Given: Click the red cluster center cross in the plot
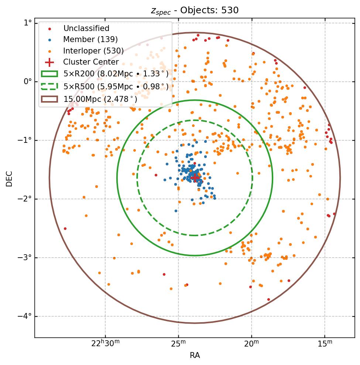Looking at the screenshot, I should click(x=195, y=178).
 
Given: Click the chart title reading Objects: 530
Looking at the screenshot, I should click(x=195, y=10).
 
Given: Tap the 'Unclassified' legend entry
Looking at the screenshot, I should click(x=86, y=28).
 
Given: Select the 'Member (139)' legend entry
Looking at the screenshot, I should click(x=90, y=39).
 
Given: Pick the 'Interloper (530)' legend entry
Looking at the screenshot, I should click(x=93, y=51).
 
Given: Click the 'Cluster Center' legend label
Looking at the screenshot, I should click(x=91, y=62).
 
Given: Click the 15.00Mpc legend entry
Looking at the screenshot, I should click(x=100, y=99).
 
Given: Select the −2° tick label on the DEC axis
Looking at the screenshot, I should click(x=25, y=199).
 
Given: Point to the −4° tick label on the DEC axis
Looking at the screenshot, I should click(x=25, y=316).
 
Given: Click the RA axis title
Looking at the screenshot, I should click(x=195, y=355).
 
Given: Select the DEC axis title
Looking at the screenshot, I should click(x=9, y=178).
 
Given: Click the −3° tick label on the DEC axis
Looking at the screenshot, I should click(x=25, y=258).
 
